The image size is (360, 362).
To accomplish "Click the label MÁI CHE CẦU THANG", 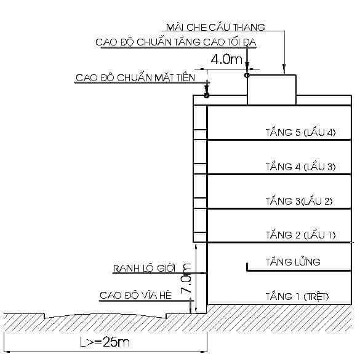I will click(x=215, y=28).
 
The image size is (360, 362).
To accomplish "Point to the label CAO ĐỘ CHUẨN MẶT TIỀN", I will click(x=135, y=78).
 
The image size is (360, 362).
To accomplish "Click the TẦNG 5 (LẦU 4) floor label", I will click(x=300, y=132).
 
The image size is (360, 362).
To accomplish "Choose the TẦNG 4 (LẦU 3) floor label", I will click(x=300, y=167).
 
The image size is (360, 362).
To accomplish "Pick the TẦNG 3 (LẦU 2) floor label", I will click(x=299, y=201).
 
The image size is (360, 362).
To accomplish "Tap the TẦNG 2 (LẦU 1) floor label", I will click(x=300, y=235).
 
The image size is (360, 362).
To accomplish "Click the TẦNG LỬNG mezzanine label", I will click(x=293, y=262).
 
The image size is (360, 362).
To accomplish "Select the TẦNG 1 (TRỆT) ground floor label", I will click(x=297, y=297).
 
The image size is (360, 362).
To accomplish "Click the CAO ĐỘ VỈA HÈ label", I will click(x=135, y=296).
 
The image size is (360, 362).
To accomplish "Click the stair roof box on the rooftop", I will click(x=271, y=90).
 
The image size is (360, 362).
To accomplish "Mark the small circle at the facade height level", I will click(x=207, y=95).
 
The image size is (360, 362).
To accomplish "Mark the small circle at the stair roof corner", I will click(x=247, y=75).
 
